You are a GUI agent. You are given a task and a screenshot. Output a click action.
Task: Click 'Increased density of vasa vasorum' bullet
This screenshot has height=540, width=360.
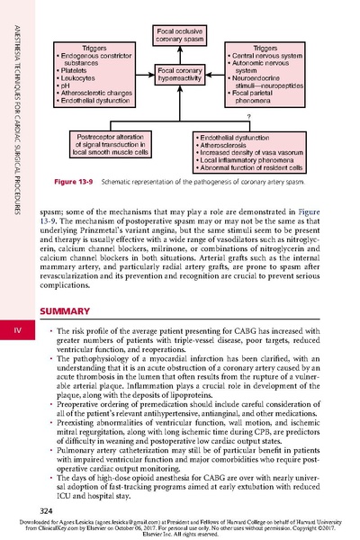pyautogui.click(x=255, y=153)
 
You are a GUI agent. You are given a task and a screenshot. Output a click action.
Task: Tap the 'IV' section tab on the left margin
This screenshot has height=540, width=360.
pyautogui.click(x=16, y=333)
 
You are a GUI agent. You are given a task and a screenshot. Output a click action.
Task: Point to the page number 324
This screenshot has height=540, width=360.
pyautogui.click(x=40, y=510)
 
